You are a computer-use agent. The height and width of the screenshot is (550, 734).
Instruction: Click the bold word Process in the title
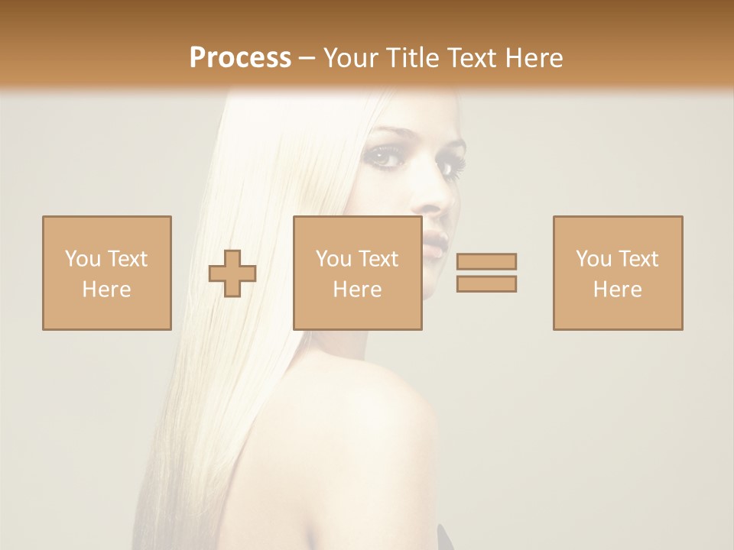(x=240, y=58)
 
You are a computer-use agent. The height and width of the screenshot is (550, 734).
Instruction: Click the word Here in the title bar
(x=533, y=58)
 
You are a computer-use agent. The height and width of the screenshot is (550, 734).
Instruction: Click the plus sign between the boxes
(x=232, y=273)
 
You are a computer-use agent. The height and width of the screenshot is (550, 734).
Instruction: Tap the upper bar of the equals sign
(x=486, y=261)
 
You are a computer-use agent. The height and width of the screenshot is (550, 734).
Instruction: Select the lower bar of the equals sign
(x=486, y=283)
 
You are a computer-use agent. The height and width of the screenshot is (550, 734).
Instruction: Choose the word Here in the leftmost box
(x=106, y=290)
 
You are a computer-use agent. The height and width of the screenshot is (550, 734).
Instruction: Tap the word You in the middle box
(x=333, y=259)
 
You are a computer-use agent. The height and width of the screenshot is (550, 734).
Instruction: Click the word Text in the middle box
(x=377, y=259)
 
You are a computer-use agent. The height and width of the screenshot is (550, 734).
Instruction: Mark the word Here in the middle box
(x=357, y=290)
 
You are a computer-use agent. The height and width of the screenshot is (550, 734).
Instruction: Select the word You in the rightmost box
(x=593, y=259)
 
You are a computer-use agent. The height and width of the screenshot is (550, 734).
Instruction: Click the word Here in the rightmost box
(x=617, y=290)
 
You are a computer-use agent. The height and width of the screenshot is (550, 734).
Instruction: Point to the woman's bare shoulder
(x=382, y=397)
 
